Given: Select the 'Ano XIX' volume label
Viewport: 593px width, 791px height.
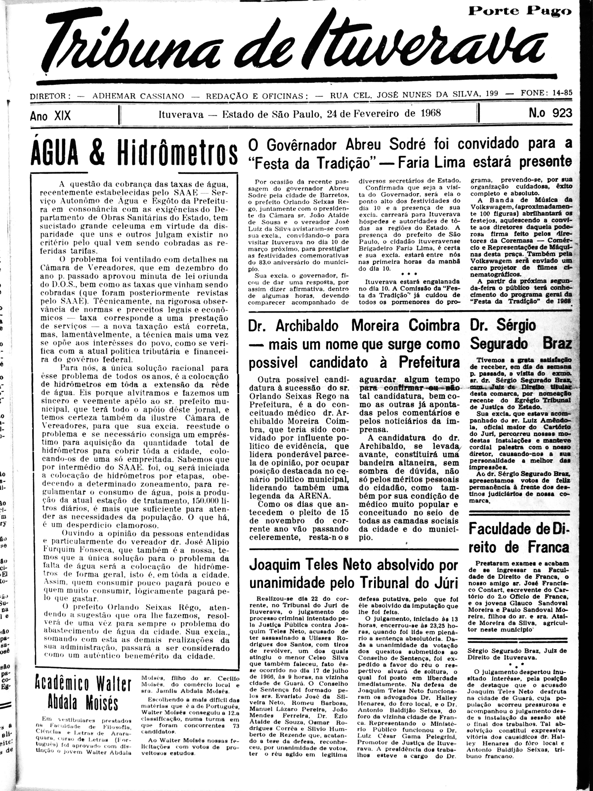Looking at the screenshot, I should point(50,116).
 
